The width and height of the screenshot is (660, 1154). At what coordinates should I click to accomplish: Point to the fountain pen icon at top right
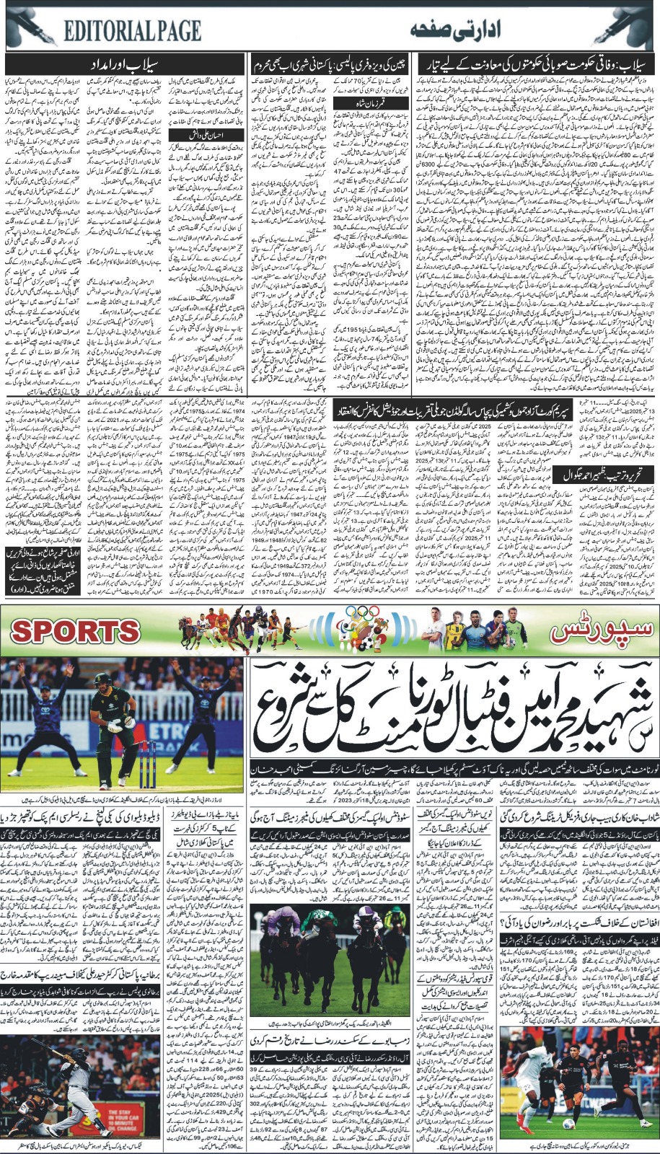(x=628, y=27)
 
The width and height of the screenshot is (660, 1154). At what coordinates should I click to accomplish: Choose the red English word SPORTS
(x=75, y=630)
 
